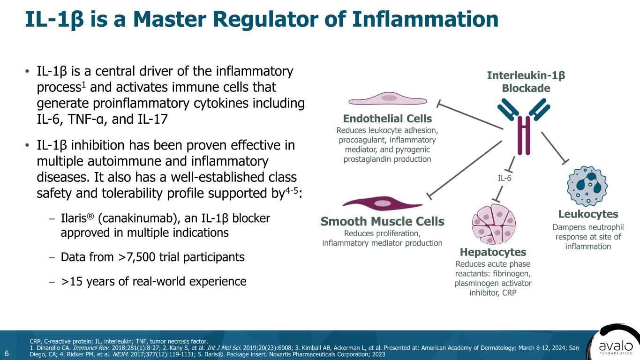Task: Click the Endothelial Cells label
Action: pos(387,118)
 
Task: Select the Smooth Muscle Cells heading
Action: pos(382,221)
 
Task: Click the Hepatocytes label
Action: pos(493,252)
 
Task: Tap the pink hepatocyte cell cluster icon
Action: pos(493,224)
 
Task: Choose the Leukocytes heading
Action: pos(588,214)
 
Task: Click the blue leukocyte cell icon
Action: pos(587,186)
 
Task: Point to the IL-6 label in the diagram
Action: pos(504,178)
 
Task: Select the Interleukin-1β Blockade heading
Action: pos(526,82)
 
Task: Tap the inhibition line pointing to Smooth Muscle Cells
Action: pos(464,167)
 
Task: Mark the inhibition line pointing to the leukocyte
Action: pos(554,147)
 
